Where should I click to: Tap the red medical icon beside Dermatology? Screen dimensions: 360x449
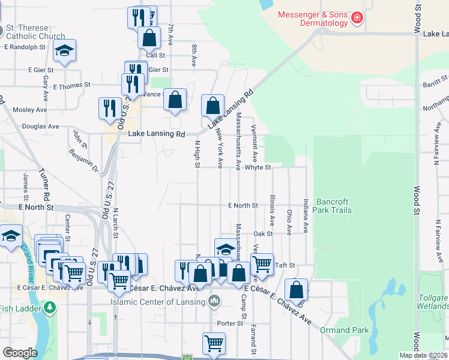coord(357,18)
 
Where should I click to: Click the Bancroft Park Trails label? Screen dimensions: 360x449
coord(333,206)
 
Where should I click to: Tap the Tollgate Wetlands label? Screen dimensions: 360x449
coord(433,301)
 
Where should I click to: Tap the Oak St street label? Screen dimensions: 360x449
coord(263,233)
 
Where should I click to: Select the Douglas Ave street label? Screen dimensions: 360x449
coord(40,127)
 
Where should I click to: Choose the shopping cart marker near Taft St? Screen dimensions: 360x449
coord(262,263)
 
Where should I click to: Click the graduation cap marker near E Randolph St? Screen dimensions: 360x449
coord(65,50)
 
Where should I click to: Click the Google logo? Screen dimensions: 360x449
coord(20,353)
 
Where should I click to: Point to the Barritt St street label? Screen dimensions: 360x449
coord(435,78)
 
